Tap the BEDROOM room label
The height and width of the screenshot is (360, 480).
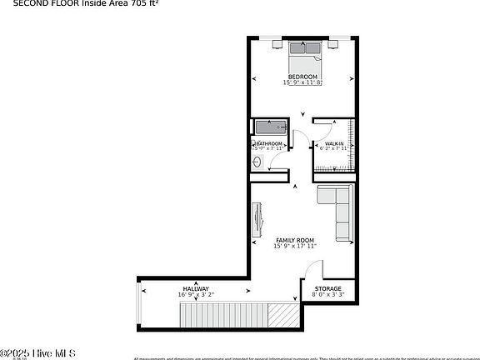click(302, 77)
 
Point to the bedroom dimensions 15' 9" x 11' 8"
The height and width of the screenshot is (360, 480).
click(302, 82)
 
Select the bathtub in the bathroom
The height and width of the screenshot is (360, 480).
click(270, 127)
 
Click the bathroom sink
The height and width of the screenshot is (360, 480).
click(258, 162)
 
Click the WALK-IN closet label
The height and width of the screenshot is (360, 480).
click(334, 143)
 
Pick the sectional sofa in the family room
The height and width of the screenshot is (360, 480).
click(337, 210)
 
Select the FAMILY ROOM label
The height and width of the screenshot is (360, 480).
click(294, 240)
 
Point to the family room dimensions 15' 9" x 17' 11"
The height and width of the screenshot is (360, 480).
click(294, 246)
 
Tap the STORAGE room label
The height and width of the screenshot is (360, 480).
click(327, 288)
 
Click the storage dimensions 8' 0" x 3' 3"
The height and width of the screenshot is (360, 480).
click(327, 294)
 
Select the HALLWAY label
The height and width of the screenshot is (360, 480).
click(196, 288)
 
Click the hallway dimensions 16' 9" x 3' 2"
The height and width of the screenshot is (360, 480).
click(196, 294)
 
